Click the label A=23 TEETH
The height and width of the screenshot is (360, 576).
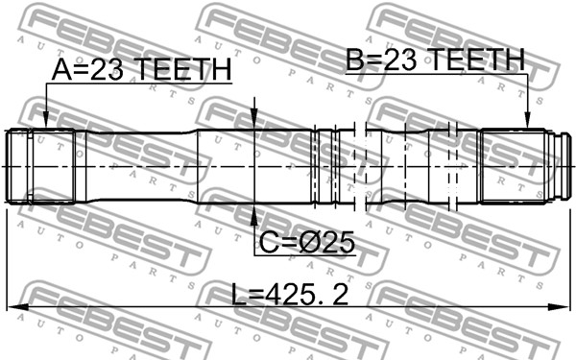[141, 69]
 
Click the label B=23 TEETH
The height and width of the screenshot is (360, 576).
[435, 60]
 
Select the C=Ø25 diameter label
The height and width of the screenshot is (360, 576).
[307, 243]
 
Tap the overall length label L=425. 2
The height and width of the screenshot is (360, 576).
[290, 294]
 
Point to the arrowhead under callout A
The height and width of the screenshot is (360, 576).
[46, 120]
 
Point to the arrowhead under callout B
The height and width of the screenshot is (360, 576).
[527, 120]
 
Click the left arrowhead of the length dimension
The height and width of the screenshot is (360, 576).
[17, 307]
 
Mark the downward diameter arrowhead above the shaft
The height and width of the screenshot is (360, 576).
[254, 119]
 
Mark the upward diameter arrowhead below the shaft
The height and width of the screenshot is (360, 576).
[254, 214]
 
